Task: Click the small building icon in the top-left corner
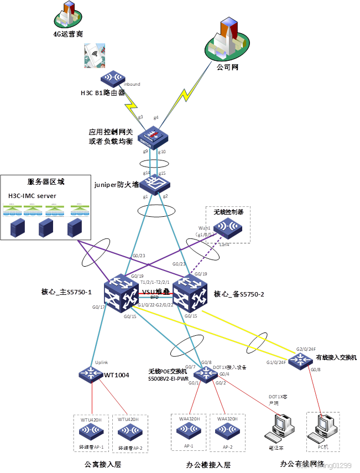click(x=68, y=15)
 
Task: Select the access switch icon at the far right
click(x=300, y=360)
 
